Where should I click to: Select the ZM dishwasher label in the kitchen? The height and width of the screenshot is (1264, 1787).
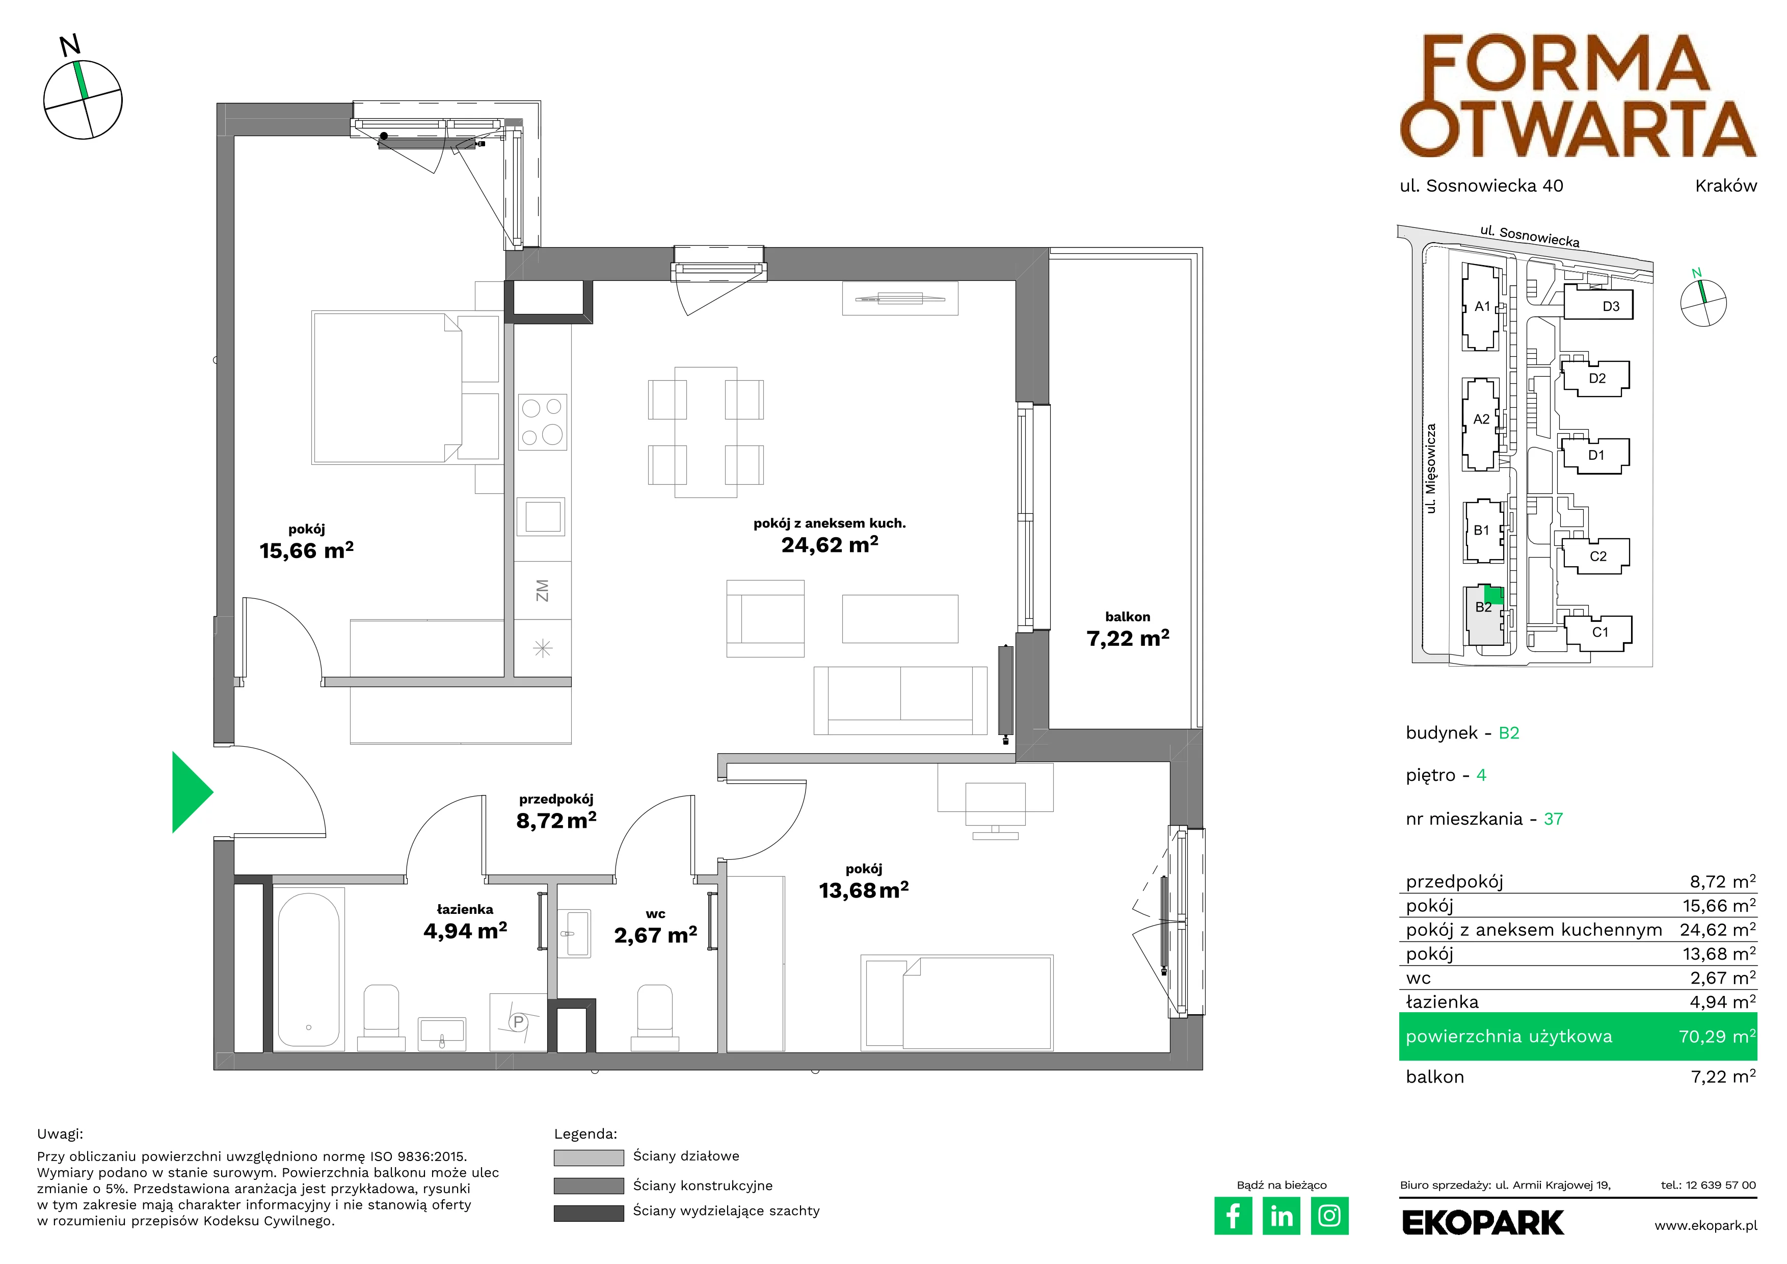[x=543, y=590]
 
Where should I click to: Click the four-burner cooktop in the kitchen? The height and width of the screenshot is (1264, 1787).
[x=543, y=422]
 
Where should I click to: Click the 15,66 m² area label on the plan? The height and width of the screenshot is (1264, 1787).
[x=307, y=551]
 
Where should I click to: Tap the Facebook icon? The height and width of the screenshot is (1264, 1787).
[x=1233, y=1216]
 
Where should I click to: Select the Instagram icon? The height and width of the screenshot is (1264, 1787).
[x=1329, y=1216]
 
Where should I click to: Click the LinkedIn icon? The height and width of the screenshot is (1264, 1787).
[x=1281, y=1216]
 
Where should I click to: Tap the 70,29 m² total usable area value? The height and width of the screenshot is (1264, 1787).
[x=1717, y=1036]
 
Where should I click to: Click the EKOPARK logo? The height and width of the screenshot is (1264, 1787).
[x=1483, y=1223]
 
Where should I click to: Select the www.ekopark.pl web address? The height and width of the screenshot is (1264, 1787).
[x=1705, y=1225]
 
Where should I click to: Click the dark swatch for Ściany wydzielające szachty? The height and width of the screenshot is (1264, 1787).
[x=589, y=1213]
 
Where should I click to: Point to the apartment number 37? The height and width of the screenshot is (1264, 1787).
[x=1554, y=819]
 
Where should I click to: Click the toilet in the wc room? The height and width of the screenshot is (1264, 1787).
[x=655, y=1018]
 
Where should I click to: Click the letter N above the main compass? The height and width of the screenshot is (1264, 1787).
[x=70, y=46]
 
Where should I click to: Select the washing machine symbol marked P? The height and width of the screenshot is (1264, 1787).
[x=518, y=1022]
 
